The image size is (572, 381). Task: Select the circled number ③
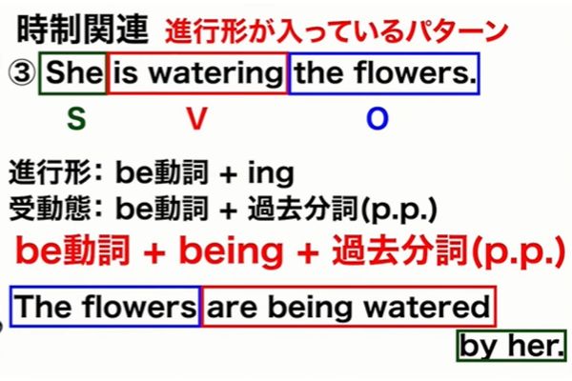(x=20, y=73)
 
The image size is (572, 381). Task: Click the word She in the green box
(x=73, y=73)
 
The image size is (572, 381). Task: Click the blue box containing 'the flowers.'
(x=383, y=73)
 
